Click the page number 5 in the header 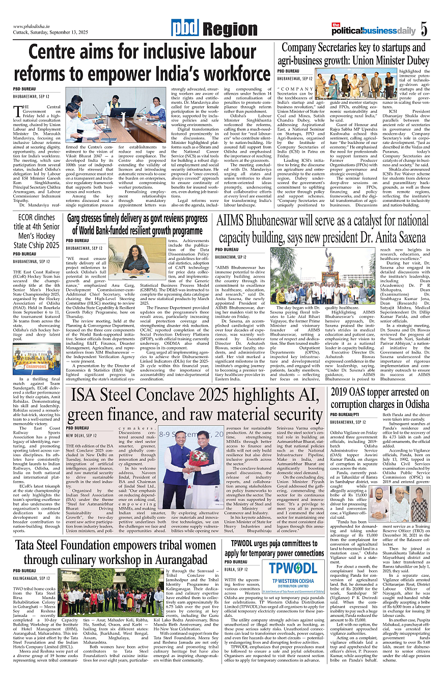pos(424,29)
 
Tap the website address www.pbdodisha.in pos(35,26)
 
